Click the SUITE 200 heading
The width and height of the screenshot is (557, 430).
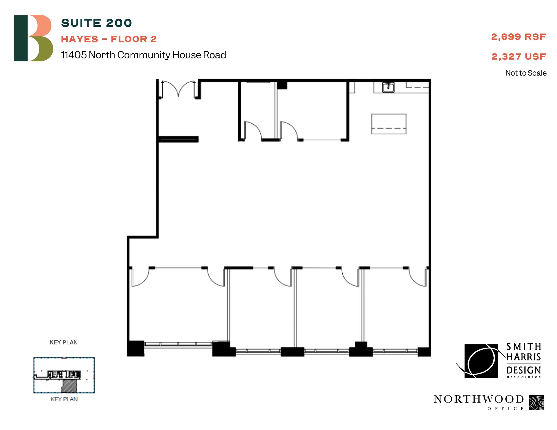[96, 23]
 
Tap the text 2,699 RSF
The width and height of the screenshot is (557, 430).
[518, 37]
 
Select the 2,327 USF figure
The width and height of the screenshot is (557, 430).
[519, 57]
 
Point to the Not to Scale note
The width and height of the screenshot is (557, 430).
[526, 73]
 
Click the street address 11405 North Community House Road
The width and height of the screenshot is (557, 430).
[143, 55]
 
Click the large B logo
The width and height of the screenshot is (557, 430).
[33, 38]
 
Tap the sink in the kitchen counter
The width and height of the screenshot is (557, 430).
[388, 87]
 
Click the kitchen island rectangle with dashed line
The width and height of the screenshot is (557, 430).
[389, 124]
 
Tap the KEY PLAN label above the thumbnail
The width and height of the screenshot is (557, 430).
[63, 343]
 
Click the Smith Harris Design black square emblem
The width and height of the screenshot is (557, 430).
[481, 361]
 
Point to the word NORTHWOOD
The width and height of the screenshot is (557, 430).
[479, 399]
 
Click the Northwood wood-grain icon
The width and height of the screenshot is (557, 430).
[536, 403]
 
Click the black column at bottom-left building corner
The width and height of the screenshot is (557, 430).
[135, 348]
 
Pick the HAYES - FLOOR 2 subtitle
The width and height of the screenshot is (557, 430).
[109, 39]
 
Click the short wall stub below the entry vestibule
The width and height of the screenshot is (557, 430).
[178, 139]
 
